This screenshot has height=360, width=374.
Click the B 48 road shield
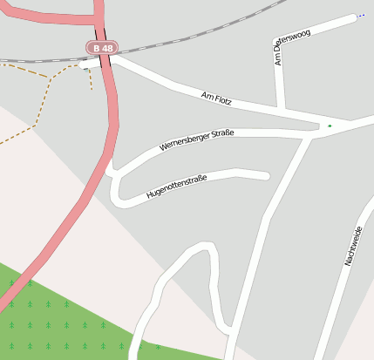coord(101,48)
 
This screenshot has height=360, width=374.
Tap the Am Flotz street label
coord(218,98)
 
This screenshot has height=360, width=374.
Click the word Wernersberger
coord(186,142)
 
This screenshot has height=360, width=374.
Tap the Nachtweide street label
coord(353,246)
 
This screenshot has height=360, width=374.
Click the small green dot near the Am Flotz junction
coord(330,126)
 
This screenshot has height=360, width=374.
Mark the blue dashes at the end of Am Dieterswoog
coord(359,16)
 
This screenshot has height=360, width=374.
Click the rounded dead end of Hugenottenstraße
coord(265,175)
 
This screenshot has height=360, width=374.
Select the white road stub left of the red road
coord(88,65)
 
